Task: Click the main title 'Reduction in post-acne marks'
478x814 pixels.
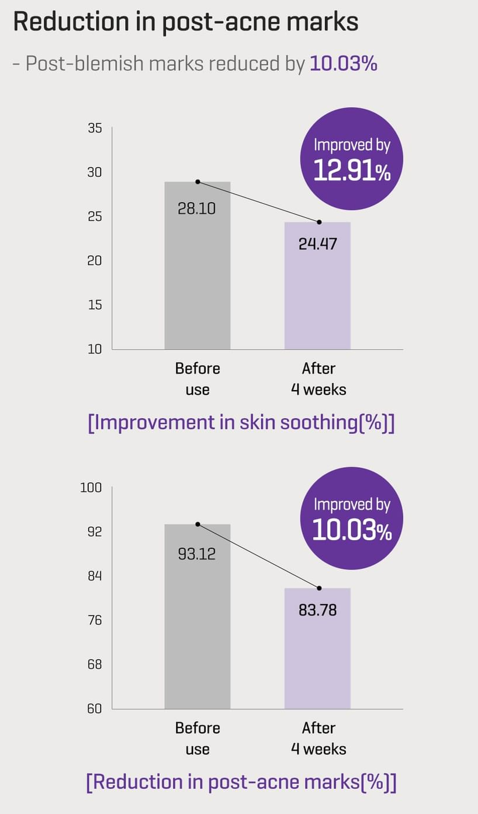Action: pos(186,22)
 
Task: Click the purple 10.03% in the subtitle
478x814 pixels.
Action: pos(343,64)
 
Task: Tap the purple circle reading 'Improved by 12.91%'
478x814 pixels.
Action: pos(352,159)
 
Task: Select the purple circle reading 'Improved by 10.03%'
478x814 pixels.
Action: pos(352,519)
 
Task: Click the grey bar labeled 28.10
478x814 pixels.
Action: pos(198,274)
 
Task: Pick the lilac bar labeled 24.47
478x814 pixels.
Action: pos(317,292)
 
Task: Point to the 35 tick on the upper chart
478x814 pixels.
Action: pos(95,128)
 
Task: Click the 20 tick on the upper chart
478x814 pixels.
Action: pos(95,260)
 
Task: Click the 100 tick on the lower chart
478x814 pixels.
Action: pos(91,488)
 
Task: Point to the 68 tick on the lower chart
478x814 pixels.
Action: pos(95,664)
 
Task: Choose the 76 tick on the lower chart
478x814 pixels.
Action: pos(95,620)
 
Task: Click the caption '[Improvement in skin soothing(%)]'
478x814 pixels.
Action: pos(241,423)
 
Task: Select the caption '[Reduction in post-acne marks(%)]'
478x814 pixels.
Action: pos(241,782)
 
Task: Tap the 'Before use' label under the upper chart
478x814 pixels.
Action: pos(198,379)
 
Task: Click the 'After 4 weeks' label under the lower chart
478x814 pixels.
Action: pos(318,738)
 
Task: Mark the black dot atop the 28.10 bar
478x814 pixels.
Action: pos(198,182)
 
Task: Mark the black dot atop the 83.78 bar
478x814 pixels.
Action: pos(319,588)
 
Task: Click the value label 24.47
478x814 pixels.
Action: pos(317,243)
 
